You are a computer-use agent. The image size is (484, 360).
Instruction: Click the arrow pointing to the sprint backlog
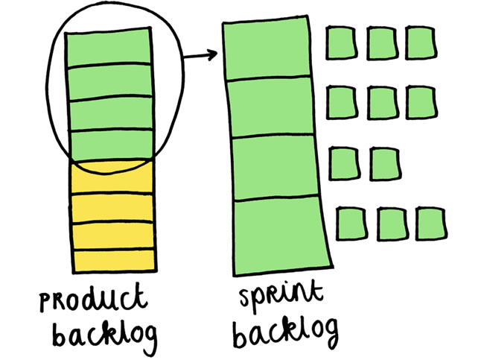[199, 54]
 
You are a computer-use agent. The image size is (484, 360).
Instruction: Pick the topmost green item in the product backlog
[109, 48]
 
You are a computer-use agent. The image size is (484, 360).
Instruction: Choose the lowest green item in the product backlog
[109, 144]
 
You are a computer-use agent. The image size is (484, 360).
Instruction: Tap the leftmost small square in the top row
[340, 42]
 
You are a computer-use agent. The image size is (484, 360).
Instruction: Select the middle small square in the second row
[380, 101]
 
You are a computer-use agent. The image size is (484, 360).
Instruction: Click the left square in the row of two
[342, 161]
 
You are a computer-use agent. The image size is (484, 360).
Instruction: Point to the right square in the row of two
[383, 161]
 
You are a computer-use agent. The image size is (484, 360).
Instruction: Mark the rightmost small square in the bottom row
[430, 223]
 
